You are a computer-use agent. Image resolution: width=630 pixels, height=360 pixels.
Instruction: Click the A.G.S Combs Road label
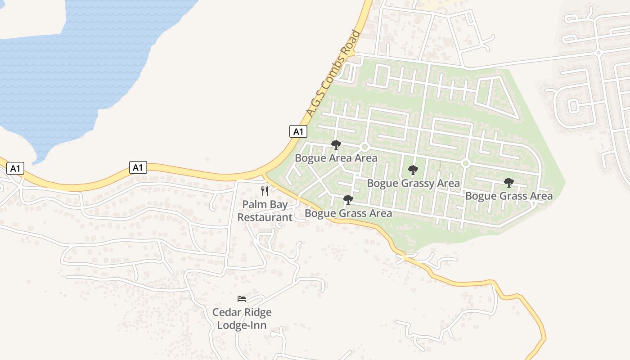(333, 74)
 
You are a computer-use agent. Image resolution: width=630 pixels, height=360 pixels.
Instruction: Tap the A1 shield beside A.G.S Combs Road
(298, 131)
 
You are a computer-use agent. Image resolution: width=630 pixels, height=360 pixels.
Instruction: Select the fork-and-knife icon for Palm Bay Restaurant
(265, 191)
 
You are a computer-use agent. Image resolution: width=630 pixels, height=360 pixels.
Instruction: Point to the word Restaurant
(265, 217)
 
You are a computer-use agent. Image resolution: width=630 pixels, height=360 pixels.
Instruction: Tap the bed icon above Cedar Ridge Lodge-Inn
(242, 298)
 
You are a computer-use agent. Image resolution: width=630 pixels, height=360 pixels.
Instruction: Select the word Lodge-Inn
(242, 325)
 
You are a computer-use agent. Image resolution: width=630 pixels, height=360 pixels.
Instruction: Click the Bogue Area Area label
(336, 158)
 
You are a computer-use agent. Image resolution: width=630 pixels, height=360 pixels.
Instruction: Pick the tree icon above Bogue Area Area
(336, 144)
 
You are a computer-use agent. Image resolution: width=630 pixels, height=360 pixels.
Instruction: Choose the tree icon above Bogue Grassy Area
(413, 170)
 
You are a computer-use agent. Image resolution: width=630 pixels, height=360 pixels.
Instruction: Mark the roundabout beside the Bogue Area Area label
(365, 147)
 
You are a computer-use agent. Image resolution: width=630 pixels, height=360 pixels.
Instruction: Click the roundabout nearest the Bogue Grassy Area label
(466, 163)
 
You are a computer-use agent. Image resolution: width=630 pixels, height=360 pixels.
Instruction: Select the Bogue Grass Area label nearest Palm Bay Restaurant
(348, 213)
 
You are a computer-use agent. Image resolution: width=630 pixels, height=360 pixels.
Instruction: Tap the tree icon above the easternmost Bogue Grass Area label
(509, 183)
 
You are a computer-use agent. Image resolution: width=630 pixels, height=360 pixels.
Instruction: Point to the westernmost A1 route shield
(15, 169)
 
